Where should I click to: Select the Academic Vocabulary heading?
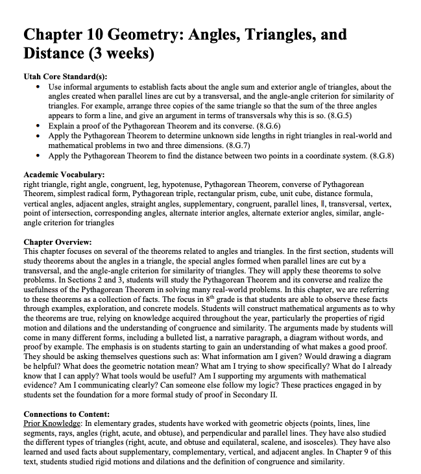coord(64,175)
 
